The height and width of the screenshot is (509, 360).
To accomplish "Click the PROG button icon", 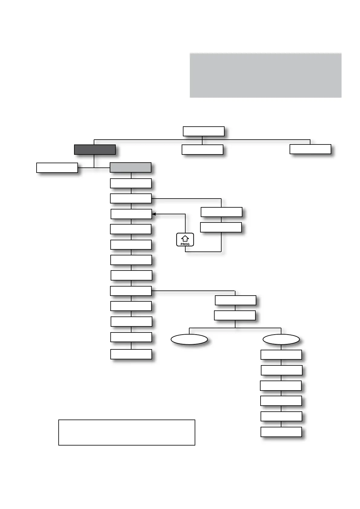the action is click(185, 240).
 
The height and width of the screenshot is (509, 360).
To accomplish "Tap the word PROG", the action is click(185, 244).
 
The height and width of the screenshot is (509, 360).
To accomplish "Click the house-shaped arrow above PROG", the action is click(185, 238).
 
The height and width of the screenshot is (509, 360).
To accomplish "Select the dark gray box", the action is click(95, 150).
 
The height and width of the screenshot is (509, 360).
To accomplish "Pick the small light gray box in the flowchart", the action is click(130, 167).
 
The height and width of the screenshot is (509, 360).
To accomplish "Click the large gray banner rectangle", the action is click(265, 75).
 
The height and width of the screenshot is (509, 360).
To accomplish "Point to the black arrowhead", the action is click(154, 214).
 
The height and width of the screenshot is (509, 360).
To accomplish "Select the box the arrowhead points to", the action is click(131, 214).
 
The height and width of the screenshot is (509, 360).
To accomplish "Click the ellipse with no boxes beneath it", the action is click(189, 339).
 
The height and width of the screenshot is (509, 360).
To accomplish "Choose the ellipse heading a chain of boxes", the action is click(281, 339).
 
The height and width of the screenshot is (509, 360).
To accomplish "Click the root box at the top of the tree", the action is click(203, 131).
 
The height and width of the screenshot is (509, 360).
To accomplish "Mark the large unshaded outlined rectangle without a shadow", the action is click(127, 432).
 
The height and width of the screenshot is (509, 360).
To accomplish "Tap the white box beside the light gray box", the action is click(57, 168).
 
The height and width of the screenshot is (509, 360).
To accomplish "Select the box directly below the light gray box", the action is click(131, 183).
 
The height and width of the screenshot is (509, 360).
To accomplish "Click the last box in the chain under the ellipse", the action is click(281, 432).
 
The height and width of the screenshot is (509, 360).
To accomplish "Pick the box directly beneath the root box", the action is click(202, 150).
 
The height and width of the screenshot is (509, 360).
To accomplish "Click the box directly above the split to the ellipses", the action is click(235, 316).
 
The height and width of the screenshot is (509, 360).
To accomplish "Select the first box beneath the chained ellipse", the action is click(281, 355).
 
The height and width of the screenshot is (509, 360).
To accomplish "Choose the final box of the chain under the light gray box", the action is click(131, 354).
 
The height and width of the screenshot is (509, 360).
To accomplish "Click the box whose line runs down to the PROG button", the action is click(221, 227).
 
